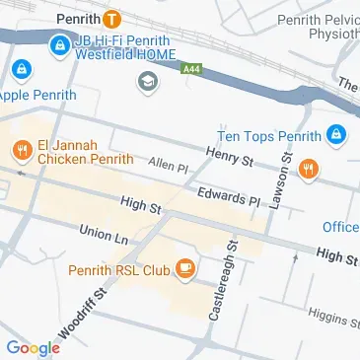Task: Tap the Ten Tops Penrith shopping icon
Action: point(336,133)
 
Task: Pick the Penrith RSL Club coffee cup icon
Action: point(183,268)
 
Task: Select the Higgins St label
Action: point(331,316)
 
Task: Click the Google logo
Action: point(33,347)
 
